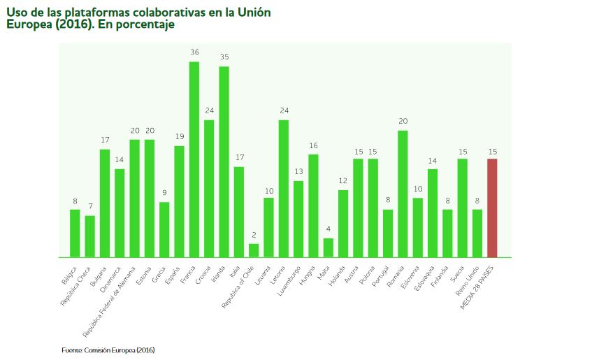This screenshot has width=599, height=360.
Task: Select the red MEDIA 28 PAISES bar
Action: [492, 208]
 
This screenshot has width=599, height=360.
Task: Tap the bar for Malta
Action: [329, 247]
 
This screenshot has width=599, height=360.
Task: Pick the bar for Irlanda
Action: [224, 161]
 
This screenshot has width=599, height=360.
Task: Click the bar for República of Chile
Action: [254, 250]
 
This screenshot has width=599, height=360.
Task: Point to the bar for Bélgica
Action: [75, 233]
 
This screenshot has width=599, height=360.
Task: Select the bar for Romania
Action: [403, 194]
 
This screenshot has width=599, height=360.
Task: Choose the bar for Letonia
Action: [284, 188]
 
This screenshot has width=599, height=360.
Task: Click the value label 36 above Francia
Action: [194, 52]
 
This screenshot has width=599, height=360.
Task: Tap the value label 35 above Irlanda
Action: [224, 57]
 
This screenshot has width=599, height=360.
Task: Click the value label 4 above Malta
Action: [329, 229]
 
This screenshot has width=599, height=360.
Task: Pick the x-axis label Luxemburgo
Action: [289, 278]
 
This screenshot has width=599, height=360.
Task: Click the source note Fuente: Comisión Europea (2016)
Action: [108, 350]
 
